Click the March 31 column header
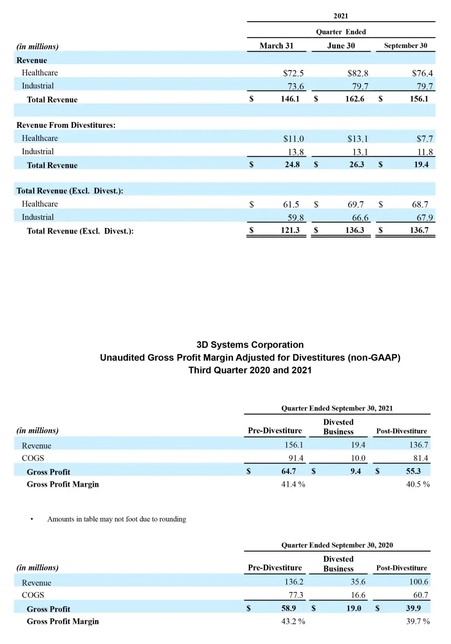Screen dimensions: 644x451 pos(276,46)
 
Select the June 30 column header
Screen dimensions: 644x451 pos(341,46)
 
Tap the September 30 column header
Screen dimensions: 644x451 pos(405,46)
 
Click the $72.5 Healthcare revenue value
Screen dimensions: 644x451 pos(293,73)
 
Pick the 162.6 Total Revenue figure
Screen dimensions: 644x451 pos(355,99)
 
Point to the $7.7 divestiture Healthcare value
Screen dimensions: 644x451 pos(425,139)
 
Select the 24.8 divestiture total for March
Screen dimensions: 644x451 pos(292,165)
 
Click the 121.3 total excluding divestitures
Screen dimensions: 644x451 pos(290,230)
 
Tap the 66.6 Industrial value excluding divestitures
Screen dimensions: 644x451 pos(360,218)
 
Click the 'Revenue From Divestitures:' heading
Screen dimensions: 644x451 pos(66,125)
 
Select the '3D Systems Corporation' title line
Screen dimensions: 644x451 pos(250,345)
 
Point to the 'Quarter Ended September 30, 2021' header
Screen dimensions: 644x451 pos(337,408)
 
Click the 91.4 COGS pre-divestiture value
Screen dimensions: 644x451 pos(296,458)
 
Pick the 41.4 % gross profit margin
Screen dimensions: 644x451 pos(293,484)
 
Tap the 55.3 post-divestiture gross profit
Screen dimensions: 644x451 pos(413,471)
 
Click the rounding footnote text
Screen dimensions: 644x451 pos(117,519)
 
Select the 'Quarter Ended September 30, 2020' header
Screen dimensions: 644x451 pos(337,545)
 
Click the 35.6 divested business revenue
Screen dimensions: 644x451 pos(358,582)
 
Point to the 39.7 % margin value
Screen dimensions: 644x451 pos(418,621)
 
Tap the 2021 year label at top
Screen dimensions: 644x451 pos(340,16)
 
